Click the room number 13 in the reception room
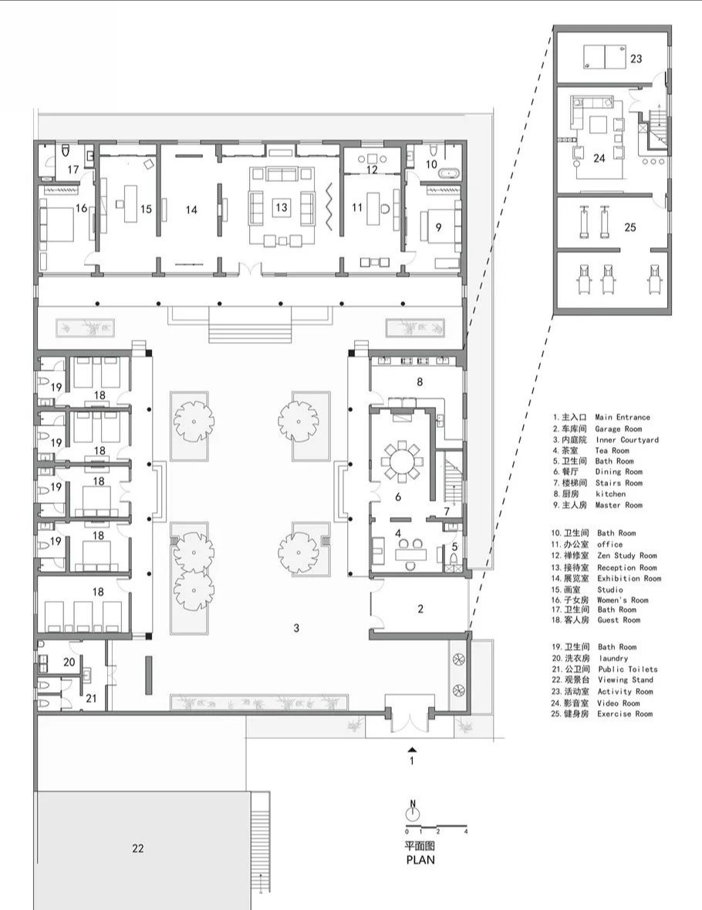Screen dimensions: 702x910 pos(282,207)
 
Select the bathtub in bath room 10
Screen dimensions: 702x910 pos(450,173)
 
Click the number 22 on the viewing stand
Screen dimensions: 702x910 pos(138,848)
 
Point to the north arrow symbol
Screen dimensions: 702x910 pos(413,811)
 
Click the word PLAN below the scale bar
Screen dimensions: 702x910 pos(420,859)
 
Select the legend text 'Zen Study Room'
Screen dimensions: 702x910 pos(626,556)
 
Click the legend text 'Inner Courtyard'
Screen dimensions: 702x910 pos(627,439)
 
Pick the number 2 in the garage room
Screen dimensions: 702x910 pos(420,609)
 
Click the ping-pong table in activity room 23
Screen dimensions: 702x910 pos(604,57)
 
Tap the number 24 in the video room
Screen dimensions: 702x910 pos(599,157)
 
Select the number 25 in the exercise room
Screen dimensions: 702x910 pos(630,227)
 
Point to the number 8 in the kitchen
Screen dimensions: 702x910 pos(420,381)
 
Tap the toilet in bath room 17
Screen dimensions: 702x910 pos(65,151)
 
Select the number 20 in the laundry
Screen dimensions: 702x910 pos(69,662)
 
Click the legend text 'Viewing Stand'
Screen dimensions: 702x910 pos(626,680)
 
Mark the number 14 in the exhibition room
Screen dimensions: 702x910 pos(191,210)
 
